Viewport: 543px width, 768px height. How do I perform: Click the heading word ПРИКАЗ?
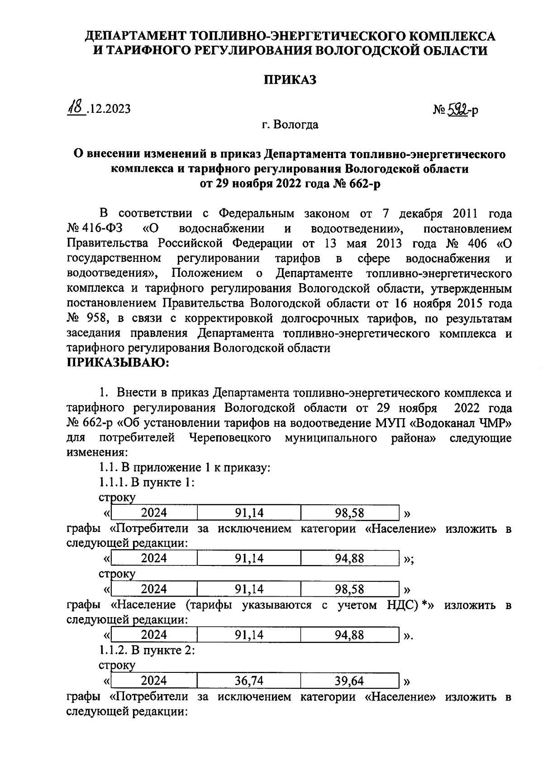click(x=290, y=80)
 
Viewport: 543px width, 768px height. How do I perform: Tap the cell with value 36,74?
click(x=249, y=681)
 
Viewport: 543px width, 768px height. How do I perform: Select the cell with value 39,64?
click(x=349, y=681)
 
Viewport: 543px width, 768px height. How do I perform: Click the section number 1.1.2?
click(x=113, y=650)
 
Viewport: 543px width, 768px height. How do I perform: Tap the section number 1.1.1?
click(x=113, y=483)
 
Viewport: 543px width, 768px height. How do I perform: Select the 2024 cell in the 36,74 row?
click(x=154, y=681)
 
